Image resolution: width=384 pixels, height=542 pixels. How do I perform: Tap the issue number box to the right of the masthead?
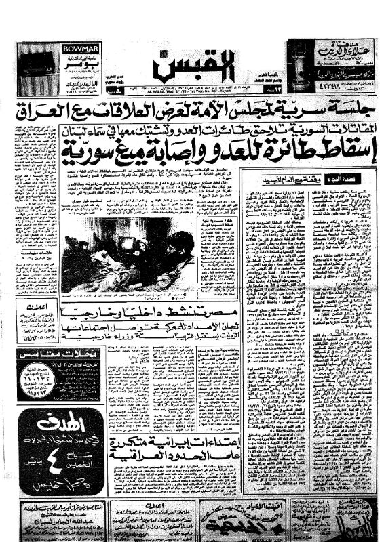[267, 89]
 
